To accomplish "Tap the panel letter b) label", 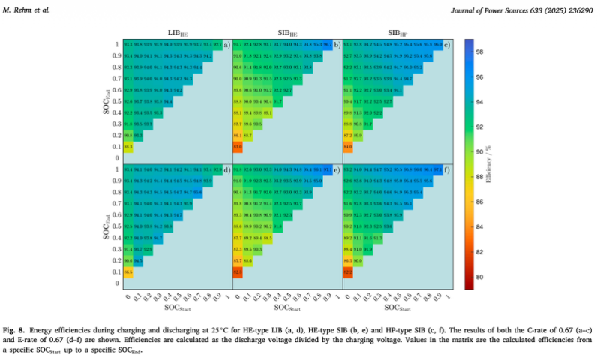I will (337, 45).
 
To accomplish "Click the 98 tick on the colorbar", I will (482, 51).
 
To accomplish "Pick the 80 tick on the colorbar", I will (482, 277).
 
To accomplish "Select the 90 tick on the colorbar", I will (482, 151).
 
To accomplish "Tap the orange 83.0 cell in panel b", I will (238, 146).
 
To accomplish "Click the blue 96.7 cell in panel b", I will (328, 45).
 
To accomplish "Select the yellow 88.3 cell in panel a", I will (127, 146).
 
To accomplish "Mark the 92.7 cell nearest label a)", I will (217, 45).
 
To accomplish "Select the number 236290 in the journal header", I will (579, 9).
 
